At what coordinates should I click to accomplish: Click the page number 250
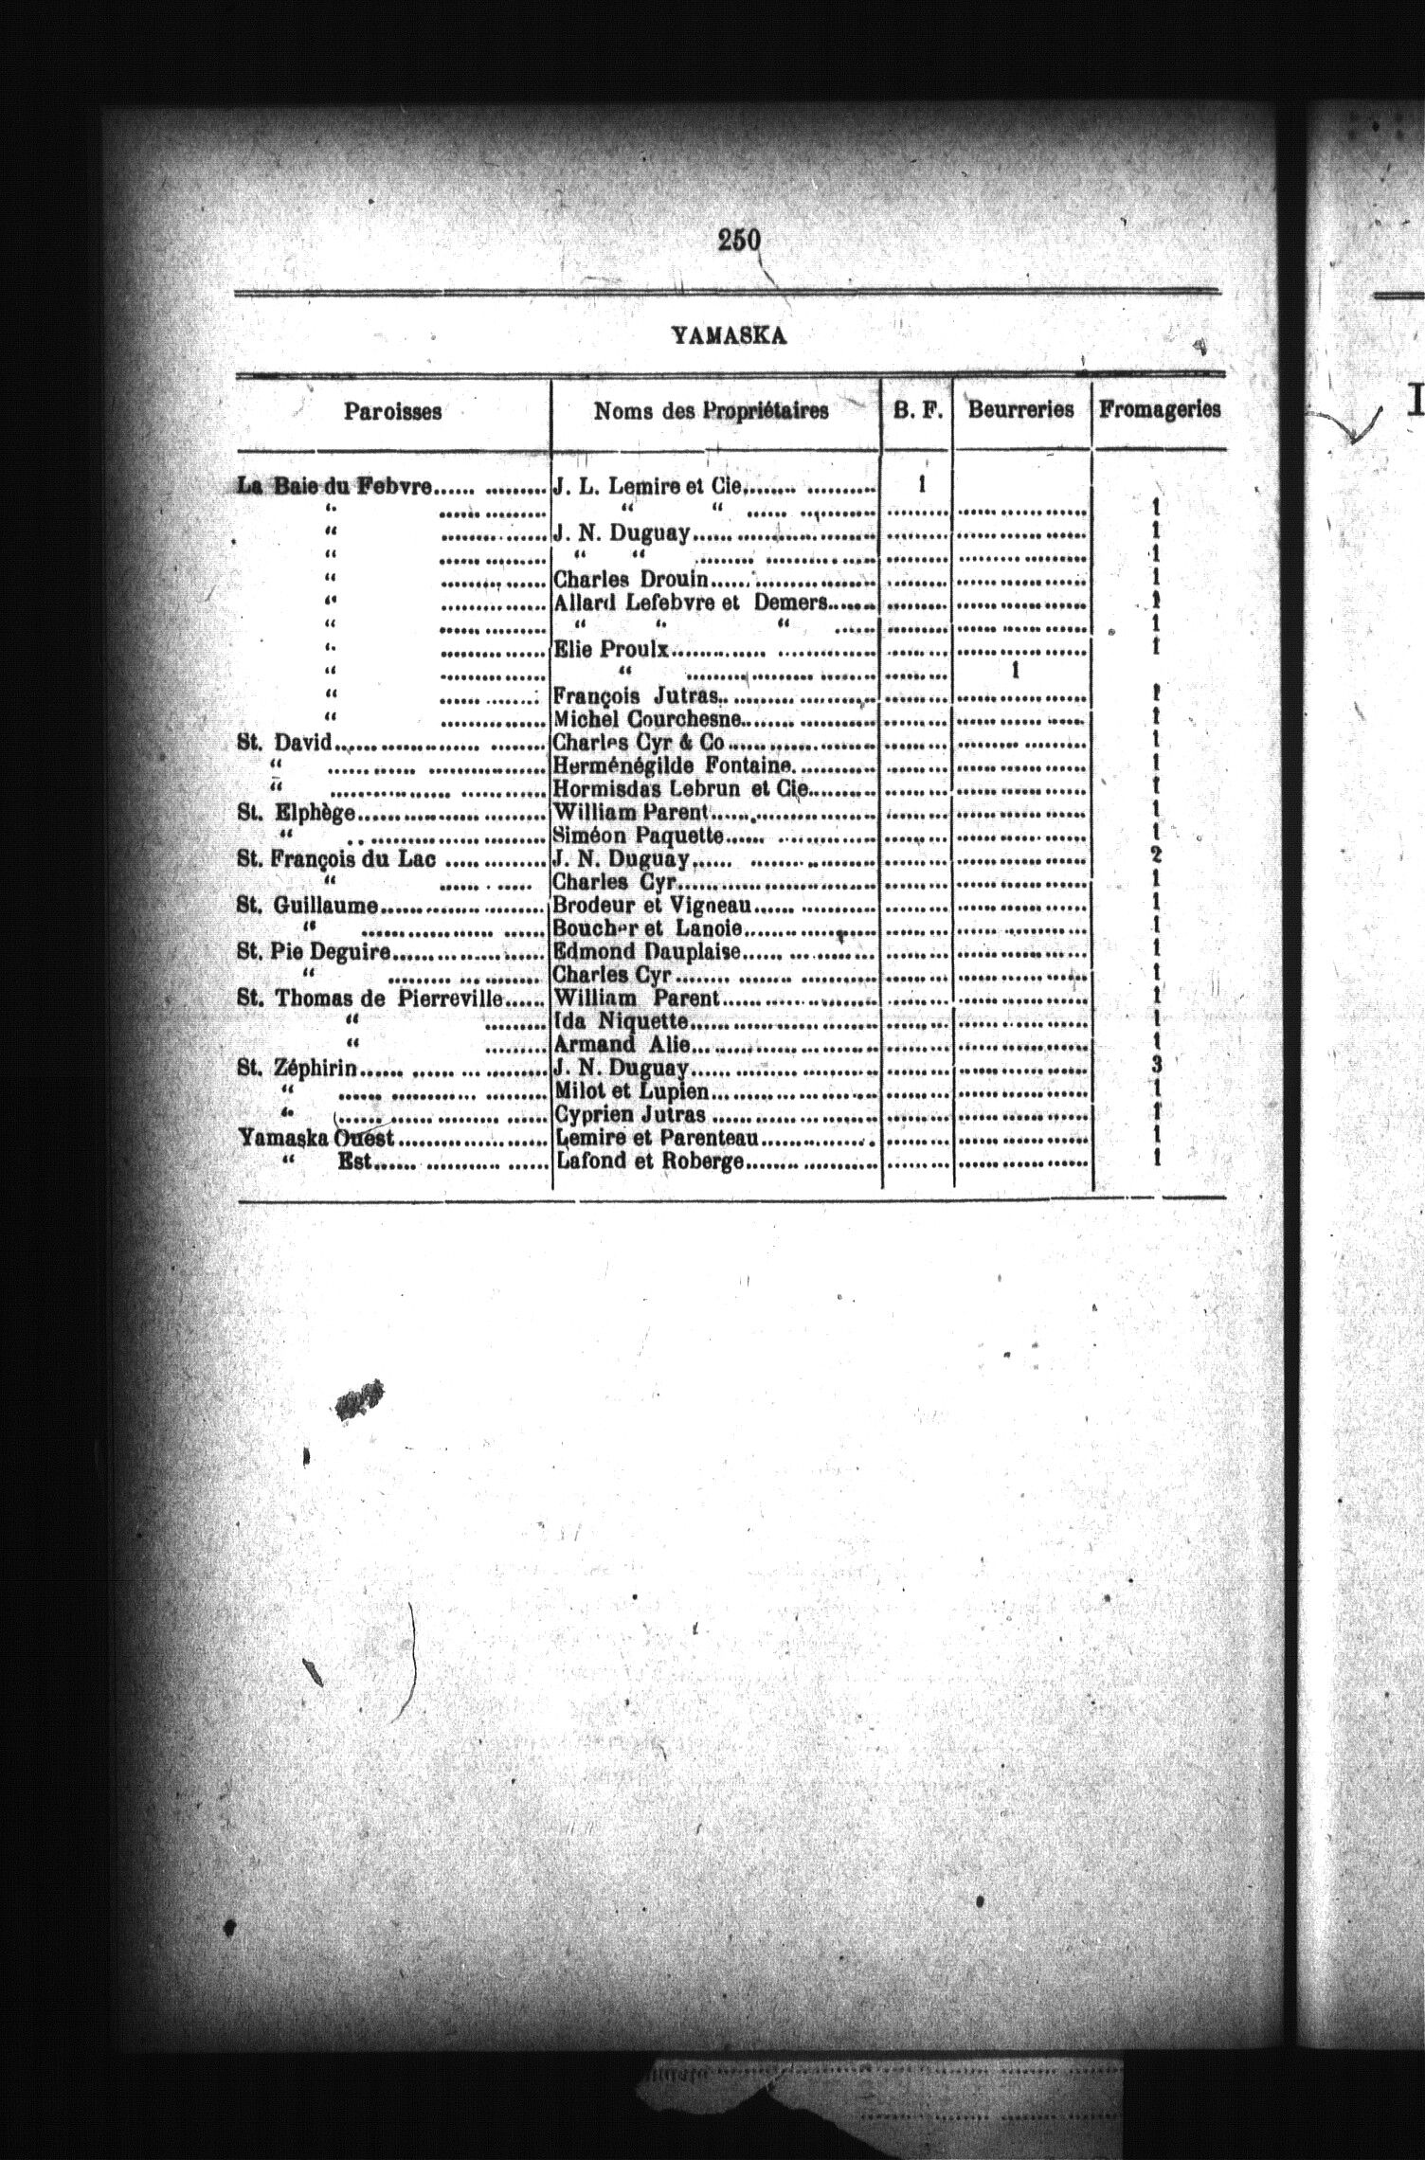point(739,241)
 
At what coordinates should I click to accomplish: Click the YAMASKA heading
point(730,334)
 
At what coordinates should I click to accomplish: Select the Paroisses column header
point(392,411)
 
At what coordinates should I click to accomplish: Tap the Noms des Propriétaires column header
point(711,410)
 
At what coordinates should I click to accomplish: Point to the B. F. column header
point(915,410)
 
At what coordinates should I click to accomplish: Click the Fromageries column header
point(1160,409)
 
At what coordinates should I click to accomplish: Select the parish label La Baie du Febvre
point(335,487)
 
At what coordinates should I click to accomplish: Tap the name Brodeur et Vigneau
point(652,906)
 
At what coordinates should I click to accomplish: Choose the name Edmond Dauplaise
point(646,951)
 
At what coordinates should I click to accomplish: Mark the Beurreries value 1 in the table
point(1015,671)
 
